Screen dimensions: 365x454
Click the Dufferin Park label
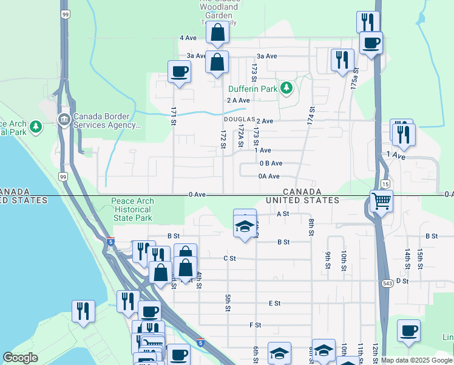click(252, 89)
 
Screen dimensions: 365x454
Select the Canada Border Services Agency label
click(107, 122)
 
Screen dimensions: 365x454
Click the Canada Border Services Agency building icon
click(64, 117)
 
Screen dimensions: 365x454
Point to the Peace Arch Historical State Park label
click(132, 209)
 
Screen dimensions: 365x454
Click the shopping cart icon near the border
click(381, 200)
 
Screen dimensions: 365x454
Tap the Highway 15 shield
click(385, 183)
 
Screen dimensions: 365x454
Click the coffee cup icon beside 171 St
click(179, 72)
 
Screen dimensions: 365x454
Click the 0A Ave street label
click(269, 176)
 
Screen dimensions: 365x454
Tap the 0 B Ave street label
click(271, 163)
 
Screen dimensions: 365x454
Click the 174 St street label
click(312, 116)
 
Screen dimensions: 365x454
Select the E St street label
click(274, 303)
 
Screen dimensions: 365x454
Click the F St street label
click(255, 325)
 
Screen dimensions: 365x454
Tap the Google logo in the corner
click(21, 358)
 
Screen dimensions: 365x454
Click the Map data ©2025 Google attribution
click(417, 360)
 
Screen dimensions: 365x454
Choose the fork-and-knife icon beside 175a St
click(342, 60)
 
